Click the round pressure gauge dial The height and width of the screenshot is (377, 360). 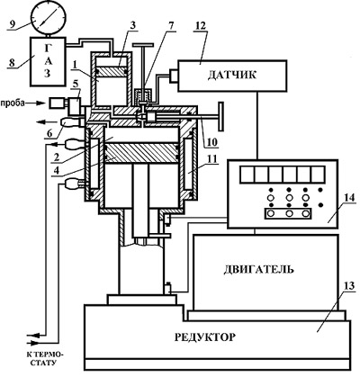(x=49, y=18)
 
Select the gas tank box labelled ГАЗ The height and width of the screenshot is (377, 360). (x=48, y=60)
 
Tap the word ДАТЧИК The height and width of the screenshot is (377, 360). (x=232, y=75)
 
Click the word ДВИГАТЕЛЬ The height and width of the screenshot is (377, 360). (x=258, y=269)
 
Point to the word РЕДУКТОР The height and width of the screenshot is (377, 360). (x=205, y=337)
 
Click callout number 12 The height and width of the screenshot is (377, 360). (x=201, y=26)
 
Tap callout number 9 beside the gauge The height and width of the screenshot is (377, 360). (x=12, y=24)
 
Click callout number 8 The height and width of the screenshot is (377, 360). (x=12, y=63)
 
